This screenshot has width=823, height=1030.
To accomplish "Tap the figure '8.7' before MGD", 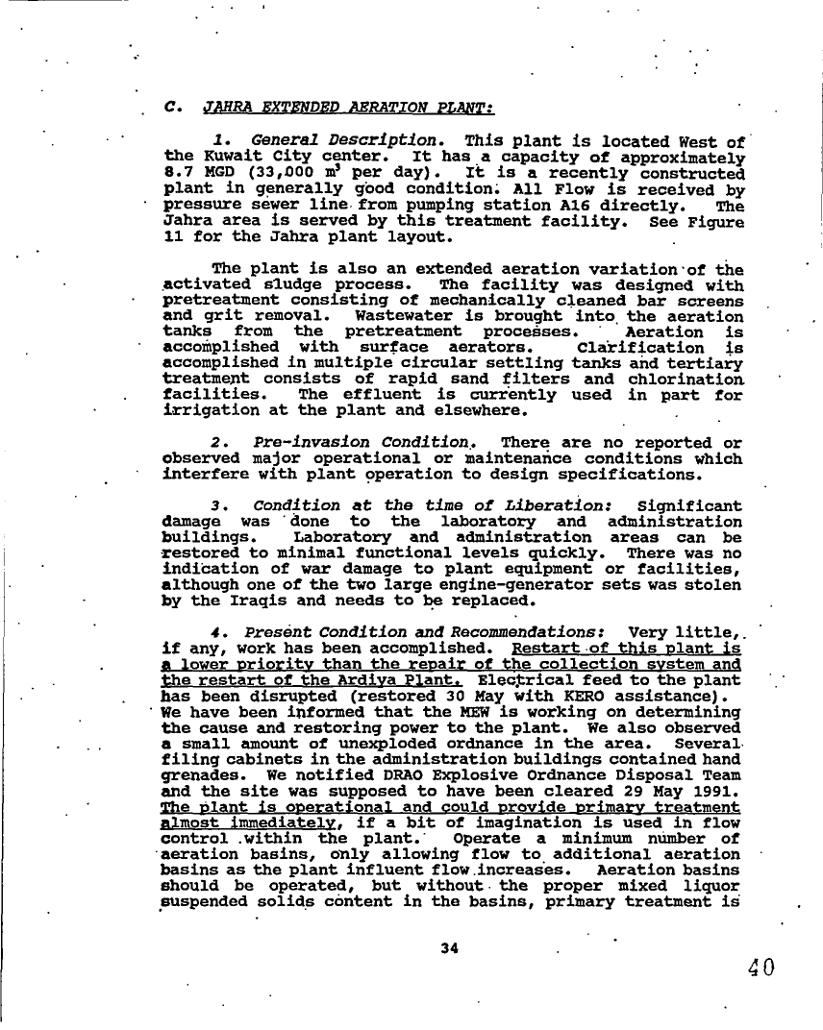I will tap(178, 174).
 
